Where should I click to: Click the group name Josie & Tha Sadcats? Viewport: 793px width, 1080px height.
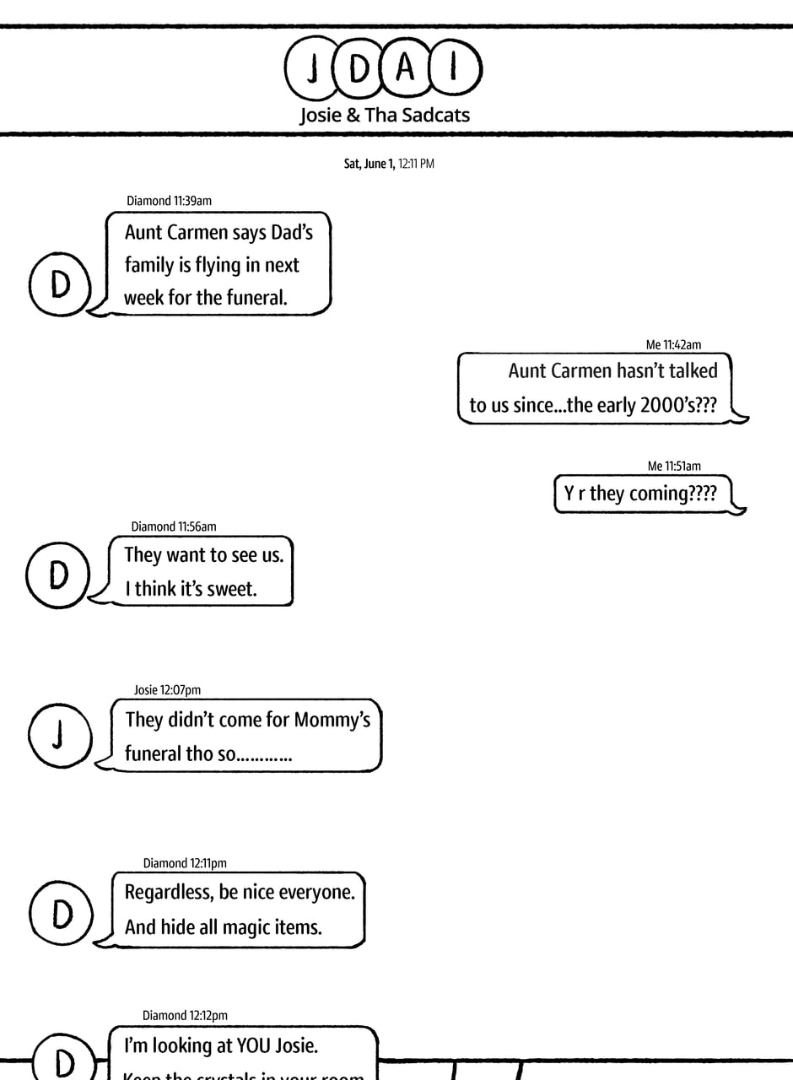click(x=385, y=115)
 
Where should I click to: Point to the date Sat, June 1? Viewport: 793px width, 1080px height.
click(x=369, y=164)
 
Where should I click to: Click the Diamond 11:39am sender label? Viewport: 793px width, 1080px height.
click(x=169, y=201)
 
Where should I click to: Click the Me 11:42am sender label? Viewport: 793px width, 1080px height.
click(x=673, y=344)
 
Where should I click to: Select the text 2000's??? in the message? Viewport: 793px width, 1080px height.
click(x=678, y=405)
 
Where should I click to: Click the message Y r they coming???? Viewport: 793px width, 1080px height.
click(x=640, y=494)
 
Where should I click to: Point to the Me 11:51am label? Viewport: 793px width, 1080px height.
click(x=674, y=466)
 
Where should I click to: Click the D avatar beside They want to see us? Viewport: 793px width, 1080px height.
click(x=58, y=575)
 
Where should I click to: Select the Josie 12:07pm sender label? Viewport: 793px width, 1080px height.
click(x=167, y=690)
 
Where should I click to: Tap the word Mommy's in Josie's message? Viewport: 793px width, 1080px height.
click(x=332, y=720)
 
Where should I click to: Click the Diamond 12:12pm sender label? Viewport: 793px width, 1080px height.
click(x=185, y=1016)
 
